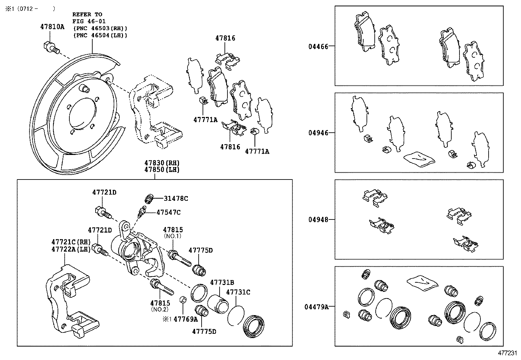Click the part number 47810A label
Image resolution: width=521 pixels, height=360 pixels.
click(52, 27)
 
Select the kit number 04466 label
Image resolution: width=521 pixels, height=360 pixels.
click(318, 46)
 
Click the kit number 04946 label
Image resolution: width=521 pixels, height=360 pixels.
click(318, 133)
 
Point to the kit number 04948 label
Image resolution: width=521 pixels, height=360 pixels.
click(318, 219)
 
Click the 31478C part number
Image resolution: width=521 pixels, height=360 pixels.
click(176, 198)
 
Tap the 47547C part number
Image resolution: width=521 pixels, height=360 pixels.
click(168, 212)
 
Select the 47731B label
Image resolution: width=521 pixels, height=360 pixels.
click(222, 282)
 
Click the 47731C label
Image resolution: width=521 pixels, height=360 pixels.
click(238, 292)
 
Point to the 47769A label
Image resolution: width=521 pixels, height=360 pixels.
click(186, 319)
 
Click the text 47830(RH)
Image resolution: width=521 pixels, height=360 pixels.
click(162, 163)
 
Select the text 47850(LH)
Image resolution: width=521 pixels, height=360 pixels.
click(162, 170)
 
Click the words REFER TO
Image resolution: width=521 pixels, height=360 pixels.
click(87, 14)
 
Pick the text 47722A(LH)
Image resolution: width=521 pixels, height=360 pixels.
click(71, 249)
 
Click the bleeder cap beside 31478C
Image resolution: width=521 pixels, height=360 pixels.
click(149, 199)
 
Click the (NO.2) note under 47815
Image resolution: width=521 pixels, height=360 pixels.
click(160, 309)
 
